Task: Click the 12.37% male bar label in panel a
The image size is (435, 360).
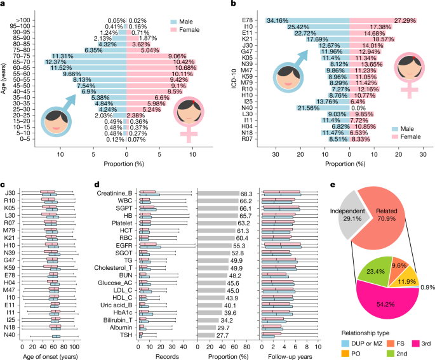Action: (57, 62)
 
